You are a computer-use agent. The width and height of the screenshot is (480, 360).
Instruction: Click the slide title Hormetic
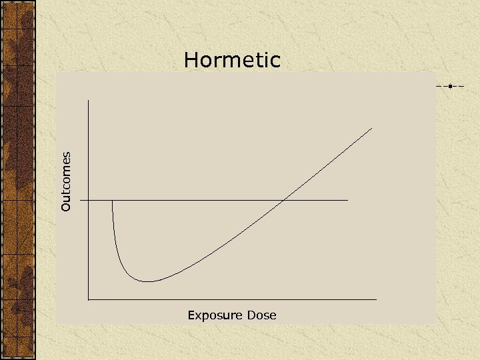(232, 61)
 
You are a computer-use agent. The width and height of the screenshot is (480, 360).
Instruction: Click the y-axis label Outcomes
(65, 182)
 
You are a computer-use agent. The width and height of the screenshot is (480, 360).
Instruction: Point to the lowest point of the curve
(148, 281)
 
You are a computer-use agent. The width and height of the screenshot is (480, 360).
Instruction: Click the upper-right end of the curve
(372, 127)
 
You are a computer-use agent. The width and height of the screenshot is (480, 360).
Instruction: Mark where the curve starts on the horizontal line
(113, 200)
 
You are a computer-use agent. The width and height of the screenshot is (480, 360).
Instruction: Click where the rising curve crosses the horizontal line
(285, 200)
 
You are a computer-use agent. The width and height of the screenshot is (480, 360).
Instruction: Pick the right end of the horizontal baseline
(348, 200)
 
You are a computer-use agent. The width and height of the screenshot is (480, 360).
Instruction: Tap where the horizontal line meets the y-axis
(88, 200)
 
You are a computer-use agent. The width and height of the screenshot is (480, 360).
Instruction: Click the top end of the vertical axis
(88, 101)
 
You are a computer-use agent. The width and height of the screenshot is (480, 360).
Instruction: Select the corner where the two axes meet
(88, 299)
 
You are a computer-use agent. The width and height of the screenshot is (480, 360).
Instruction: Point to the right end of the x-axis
(377, 299)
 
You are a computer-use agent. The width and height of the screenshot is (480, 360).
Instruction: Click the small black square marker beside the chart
(451, 86)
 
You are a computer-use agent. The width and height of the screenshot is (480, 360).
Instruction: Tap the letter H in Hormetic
(191, 61)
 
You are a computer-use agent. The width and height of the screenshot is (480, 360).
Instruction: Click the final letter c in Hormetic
(275, 62)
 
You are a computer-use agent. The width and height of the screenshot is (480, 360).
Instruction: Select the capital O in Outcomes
(65, 207)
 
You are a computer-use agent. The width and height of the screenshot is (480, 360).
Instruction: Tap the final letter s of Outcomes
(65, 155)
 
